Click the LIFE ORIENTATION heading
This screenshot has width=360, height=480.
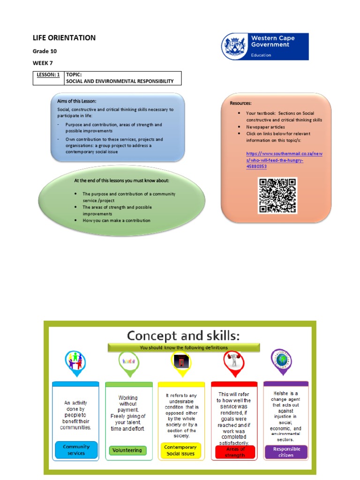click(x=64, y=38)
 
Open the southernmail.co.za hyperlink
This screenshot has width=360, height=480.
click(x=285, y=160)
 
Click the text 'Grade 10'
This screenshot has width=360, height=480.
click(x=45, y=51)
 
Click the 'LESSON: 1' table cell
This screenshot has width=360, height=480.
click(x=48, y=75)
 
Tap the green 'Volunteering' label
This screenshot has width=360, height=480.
click(x=127, y=450)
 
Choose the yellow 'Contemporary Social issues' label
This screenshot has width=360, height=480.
click(x=180, y=450)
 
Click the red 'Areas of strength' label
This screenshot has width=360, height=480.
click(x=235, y=451)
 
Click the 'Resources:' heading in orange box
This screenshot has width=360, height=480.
click(x=240, y=103)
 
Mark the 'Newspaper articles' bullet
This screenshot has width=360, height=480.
click(x=266, y=127)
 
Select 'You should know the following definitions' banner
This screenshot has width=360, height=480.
click(x=184, y=347)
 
